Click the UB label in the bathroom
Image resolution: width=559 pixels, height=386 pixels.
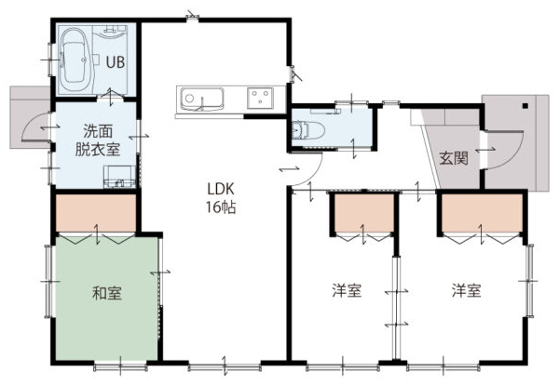(116, 62)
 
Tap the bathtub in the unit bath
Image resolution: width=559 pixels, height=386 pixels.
(75, 60)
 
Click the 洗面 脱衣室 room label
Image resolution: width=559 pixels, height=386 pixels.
(97, 140)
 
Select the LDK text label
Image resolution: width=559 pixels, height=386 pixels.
(221, 189)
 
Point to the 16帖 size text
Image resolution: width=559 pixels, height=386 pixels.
(221, 207)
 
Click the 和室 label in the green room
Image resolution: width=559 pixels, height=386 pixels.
(107, 293)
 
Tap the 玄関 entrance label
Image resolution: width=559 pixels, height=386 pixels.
(454, 158)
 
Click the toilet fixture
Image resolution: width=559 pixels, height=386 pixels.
(307, 130)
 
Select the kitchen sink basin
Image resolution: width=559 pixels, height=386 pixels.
(202, 99)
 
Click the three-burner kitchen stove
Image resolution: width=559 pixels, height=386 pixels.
(260, 98)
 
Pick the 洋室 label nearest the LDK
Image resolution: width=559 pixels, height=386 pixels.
(347, 290)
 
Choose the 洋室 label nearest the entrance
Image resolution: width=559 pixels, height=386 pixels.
(467, 290)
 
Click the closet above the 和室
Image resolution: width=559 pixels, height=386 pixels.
(96, 213)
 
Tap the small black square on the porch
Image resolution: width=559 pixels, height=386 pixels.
(525, 105)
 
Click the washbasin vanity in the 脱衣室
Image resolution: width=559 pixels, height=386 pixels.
(119, 177)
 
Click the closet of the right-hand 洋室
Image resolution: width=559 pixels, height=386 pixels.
(482, 213)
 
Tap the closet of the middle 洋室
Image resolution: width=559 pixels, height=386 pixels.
(364, 213)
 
